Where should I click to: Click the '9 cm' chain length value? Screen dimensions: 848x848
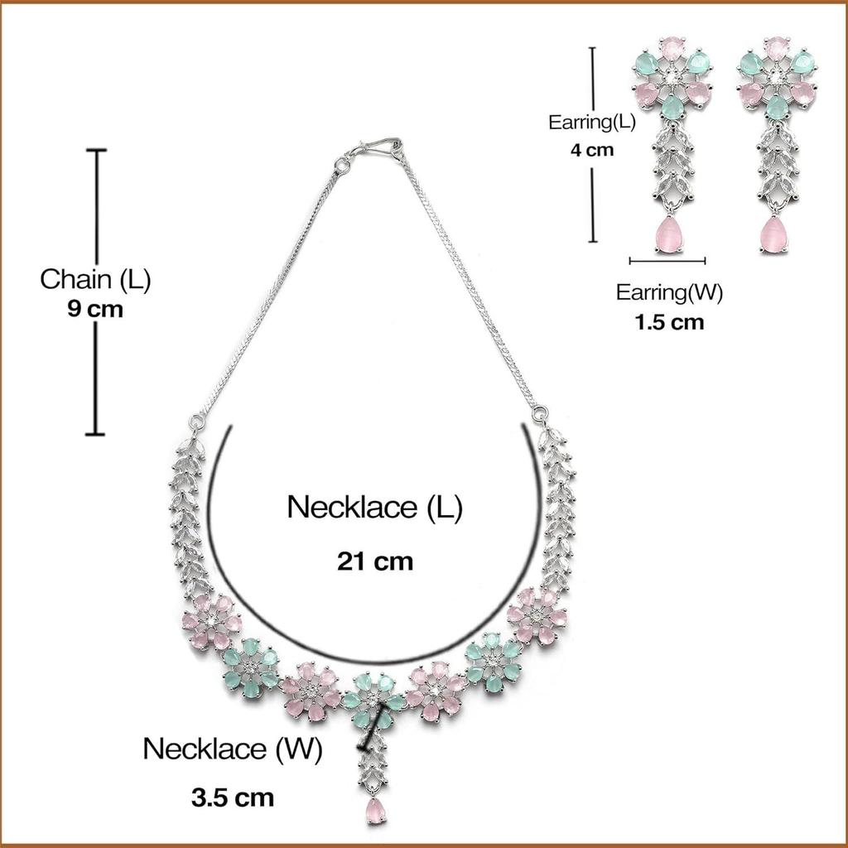point(95,310)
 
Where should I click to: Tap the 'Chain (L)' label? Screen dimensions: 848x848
point(95,279)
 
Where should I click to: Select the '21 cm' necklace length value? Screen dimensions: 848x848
point(374,561)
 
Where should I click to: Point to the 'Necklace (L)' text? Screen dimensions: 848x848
point(374,508)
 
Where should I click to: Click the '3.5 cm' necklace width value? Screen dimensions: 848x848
point(232,798)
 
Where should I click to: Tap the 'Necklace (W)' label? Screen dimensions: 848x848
point(232,749)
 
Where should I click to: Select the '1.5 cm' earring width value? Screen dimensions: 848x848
point(669,322)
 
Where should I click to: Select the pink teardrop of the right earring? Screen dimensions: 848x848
point(773,234)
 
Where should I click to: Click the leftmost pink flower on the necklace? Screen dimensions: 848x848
point(211,621)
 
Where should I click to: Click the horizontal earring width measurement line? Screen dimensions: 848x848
point(667,261)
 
